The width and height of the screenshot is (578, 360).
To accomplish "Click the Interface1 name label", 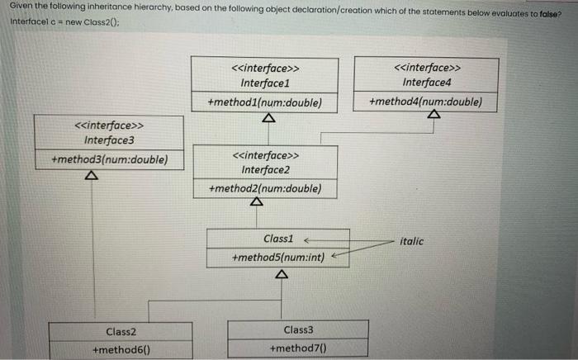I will pos(264,83).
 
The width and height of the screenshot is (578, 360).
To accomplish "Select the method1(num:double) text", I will pos(264,103).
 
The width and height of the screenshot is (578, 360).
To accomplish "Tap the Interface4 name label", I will pos(426,83).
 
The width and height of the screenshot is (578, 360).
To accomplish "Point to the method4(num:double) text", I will pos(425,102).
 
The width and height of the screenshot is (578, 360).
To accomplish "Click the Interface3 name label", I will pos(108,140).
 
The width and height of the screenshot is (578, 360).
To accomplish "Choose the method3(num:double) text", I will pos(109,159).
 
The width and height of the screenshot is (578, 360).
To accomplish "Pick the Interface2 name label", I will pos(264,169).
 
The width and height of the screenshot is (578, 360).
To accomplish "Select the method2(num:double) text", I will pos(264,189).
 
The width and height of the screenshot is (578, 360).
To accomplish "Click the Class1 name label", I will pos(278,239).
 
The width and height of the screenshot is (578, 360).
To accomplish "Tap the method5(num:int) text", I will pos(279,258).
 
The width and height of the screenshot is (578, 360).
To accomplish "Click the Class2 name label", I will pos(120,331).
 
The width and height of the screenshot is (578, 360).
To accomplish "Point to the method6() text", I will pos(120,350).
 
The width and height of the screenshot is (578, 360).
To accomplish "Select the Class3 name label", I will pos(298,329).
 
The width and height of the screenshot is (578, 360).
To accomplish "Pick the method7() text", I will pos(298,349).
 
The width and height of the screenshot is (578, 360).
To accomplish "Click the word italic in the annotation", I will pos(411,241).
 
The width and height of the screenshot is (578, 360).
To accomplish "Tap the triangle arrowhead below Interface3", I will pos(92,177).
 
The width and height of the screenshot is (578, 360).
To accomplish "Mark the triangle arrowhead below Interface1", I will pos(266,118).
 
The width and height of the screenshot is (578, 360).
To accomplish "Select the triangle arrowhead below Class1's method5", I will pos(282,274).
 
